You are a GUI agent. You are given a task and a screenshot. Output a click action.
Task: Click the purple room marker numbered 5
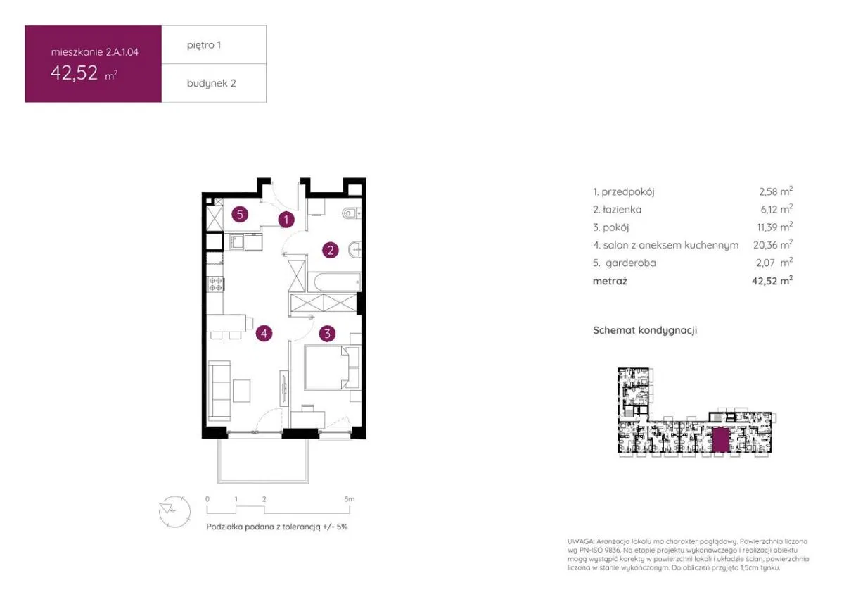(x=240, y=215)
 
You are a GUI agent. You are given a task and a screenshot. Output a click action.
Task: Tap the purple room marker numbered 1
(x=286, y=220)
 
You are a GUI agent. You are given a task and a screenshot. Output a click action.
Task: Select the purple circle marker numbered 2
(x=331, y=250)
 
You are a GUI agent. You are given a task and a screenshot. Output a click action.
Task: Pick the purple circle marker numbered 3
(x=327, y=334)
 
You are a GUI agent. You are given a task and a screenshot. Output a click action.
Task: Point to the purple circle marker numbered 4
(x=264, y=334)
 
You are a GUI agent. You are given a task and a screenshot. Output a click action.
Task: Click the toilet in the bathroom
(x=352, y=213)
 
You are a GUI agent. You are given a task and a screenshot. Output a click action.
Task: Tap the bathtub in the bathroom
(x=334, y=282)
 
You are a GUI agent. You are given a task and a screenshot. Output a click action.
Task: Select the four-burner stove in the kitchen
(x=216, y=284)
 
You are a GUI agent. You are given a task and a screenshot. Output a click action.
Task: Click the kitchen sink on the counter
(x=235, y=241)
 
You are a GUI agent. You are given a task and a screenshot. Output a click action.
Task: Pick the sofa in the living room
(x=219, y=391)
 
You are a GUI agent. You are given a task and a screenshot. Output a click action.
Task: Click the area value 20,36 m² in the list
(x=773, y=245)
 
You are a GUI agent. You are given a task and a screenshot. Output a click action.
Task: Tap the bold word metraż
(x=610, y=281)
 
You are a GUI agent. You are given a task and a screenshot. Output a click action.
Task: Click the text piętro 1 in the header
(x=204, y=45)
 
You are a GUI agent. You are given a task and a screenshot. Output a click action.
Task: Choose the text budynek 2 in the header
(x=212, y=83)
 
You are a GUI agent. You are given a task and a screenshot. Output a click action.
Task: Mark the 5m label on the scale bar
(x=350, y=499)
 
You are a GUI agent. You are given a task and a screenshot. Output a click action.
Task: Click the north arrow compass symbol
(x=174, y=511)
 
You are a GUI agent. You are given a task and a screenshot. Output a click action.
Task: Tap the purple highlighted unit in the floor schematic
(x=721, y=440)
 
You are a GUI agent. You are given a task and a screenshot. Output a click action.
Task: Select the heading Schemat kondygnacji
(x=645, y=330)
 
